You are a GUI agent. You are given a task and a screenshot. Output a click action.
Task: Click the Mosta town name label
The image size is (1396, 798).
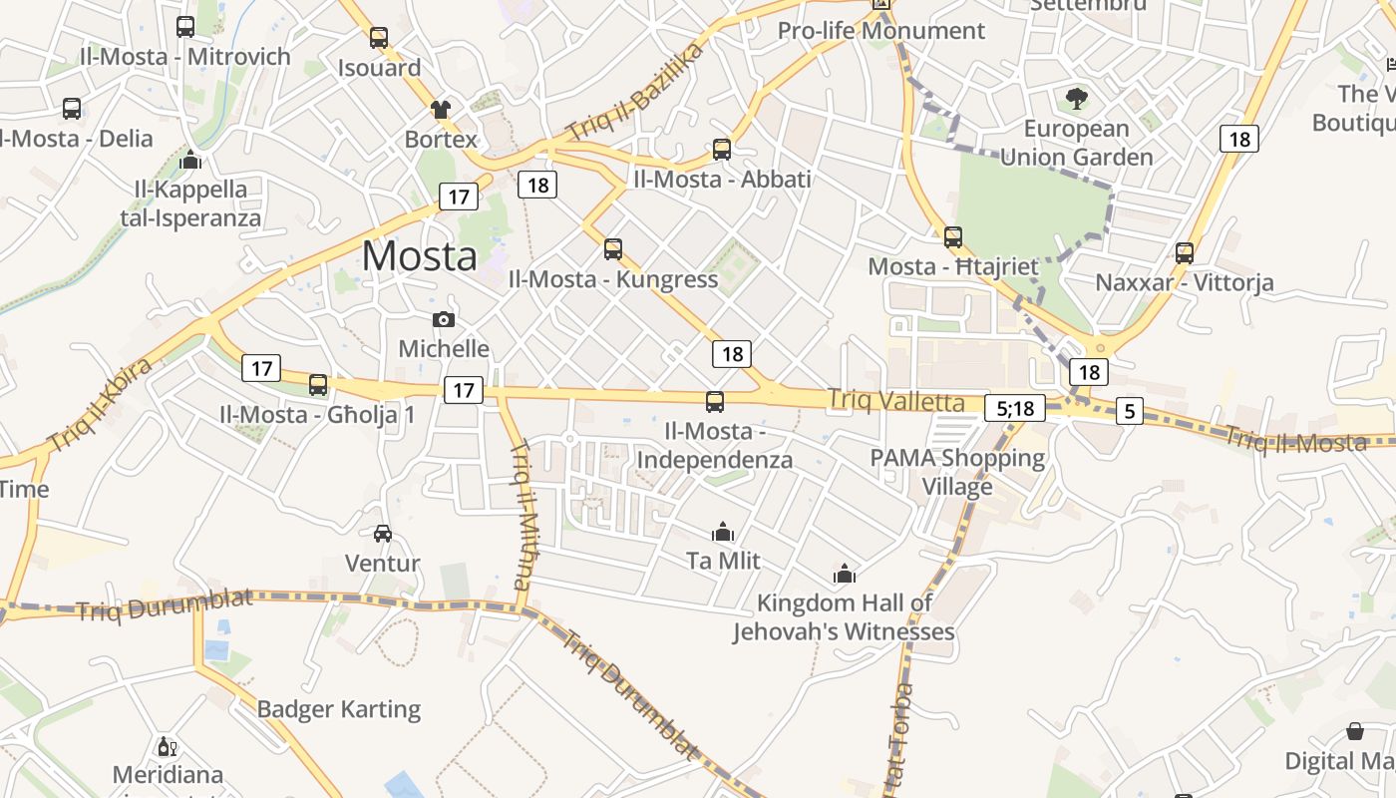click(x=420, y=256)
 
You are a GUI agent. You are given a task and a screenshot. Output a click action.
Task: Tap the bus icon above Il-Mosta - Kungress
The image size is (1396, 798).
click(x=613, y=248)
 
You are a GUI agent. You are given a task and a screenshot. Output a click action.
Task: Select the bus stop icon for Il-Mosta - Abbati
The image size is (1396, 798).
click(x=722, y=150)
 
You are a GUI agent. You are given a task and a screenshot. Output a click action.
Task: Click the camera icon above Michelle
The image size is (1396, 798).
click(x=444, y=319)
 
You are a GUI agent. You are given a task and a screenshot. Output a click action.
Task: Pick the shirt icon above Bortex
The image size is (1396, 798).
click(x=441, y=109)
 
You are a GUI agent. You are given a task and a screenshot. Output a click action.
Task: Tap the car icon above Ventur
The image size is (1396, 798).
click(x=383, y=534)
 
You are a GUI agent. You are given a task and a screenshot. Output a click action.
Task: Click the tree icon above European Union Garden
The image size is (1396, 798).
click(x=1076, y=99)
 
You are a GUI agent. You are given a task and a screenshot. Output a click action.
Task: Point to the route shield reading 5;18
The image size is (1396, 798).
click(x=1015, y=408)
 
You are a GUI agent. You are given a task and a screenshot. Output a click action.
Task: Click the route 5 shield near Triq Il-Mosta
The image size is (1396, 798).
click(x=1129, y=411)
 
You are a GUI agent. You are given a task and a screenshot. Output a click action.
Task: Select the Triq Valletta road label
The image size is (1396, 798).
click(x=896, y=402)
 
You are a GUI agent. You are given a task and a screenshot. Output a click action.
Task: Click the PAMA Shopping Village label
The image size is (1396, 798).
click(x=957, y=472)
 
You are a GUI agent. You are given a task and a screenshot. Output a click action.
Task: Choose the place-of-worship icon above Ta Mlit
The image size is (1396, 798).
click(x=724, y=532)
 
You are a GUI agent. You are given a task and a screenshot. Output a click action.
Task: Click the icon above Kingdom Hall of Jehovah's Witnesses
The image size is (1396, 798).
click(x=845, y=574)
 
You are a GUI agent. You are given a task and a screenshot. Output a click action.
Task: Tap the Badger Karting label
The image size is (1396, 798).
click(x=339, y=709)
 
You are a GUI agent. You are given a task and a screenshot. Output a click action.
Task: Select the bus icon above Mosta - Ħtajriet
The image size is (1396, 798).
click(x=953, y=237)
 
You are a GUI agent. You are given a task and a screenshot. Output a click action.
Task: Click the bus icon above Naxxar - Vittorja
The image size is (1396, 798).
click(x=1185, y=252)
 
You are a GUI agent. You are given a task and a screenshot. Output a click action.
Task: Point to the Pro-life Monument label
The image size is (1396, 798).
click(x=881, y=31)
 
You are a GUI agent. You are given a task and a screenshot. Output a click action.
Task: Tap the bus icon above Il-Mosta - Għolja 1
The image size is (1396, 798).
click(x=318, y=384)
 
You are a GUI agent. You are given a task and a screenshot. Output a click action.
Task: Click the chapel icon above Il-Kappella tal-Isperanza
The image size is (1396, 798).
click(x=190, y=160)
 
